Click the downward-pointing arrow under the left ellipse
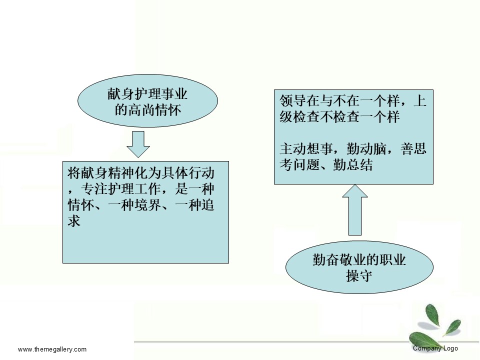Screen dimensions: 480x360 coord(138,144)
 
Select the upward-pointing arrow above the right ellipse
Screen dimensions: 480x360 coord(355,210)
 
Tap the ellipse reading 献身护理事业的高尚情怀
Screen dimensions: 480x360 coord(147,100)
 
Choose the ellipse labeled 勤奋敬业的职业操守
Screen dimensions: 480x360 coord(359,267)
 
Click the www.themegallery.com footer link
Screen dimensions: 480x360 coord(52,349)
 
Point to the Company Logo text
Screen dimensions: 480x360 coord(435,348)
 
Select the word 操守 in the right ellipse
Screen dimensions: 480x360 coord(359,275)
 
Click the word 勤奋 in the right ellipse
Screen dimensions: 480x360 coord(325,259)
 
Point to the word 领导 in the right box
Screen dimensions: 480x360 coord(292,100)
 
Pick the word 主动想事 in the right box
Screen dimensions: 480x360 coord(306,149)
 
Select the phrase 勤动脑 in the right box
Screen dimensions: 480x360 coord(366,149)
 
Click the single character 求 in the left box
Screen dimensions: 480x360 coord(74,220)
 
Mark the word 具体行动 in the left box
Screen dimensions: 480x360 coord(187,173)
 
